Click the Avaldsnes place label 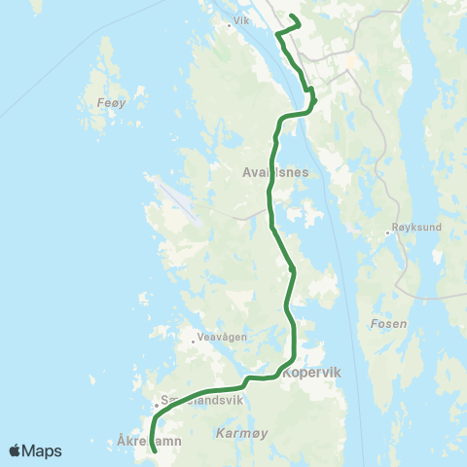275,172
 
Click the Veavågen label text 219,338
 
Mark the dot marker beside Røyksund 387,233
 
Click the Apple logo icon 16,450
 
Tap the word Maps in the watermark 42,450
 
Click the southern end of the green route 155,451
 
